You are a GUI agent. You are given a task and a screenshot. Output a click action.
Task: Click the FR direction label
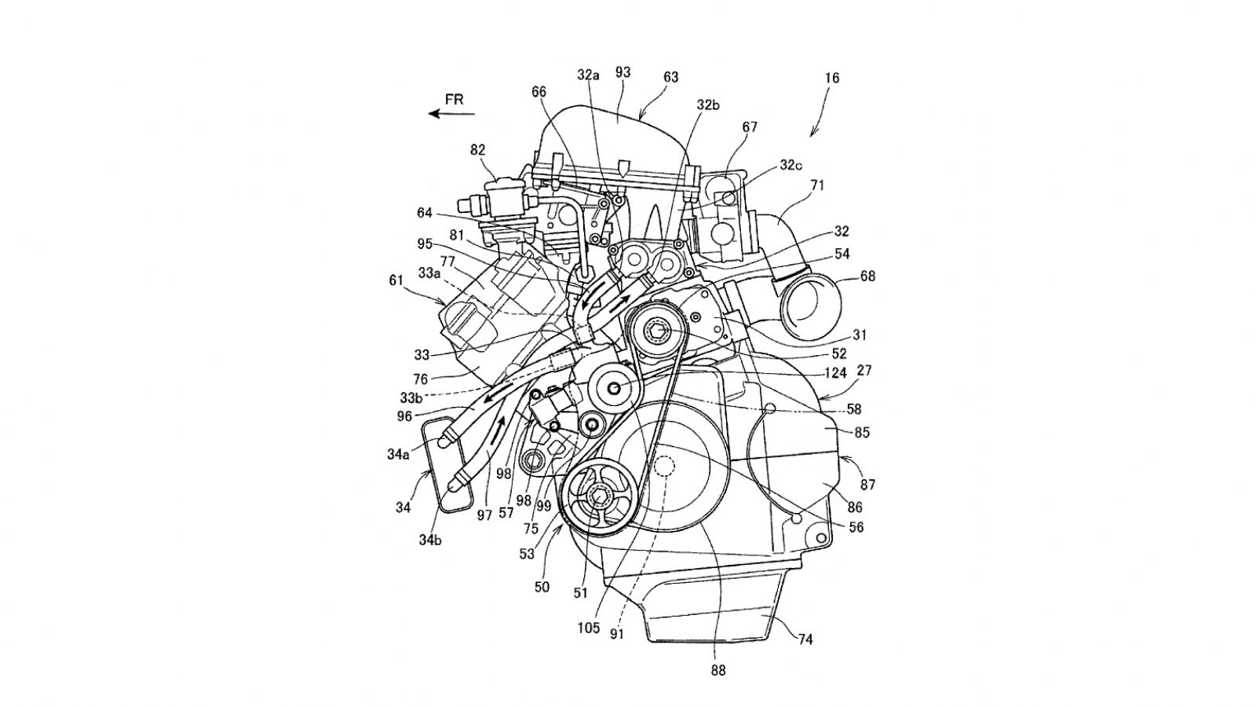tap(455, 99)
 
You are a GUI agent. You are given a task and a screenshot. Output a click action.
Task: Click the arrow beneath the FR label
tap(451, 114)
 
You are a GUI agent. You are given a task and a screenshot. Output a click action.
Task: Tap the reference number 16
tap(832, 78)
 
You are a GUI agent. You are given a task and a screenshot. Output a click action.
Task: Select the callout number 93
tap(623, 72)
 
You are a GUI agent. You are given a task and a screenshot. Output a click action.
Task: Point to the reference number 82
tap(478, 149)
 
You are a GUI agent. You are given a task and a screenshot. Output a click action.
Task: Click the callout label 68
tap(867, 277)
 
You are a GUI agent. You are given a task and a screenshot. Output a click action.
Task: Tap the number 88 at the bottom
tap(718, 670)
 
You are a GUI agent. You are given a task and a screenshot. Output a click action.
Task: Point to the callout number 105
tap(589, 628)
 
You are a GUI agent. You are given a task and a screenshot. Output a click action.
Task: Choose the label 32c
tap(792, 166)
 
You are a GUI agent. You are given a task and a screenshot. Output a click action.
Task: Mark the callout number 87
tap(868, 485)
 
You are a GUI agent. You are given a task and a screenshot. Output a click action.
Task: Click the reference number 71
tap(817, 185)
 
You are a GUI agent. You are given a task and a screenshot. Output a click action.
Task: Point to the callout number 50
tap(542, 587)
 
